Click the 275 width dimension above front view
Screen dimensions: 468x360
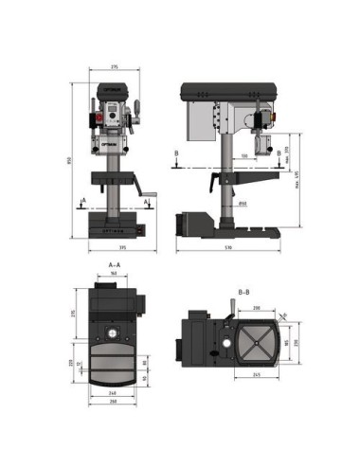[x=115, y=67]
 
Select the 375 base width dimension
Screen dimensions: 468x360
[x=115, y=249]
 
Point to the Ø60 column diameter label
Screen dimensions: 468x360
[x=243, y=203]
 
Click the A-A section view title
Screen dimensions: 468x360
[x=114, y=264]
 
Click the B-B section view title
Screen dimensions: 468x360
[x=243, y=292]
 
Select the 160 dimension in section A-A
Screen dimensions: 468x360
[x=114, y=274]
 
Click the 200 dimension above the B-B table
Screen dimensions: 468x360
[x=257, y=308]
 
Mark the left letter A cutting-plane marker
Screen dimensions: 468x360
[x=84, y=200]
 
